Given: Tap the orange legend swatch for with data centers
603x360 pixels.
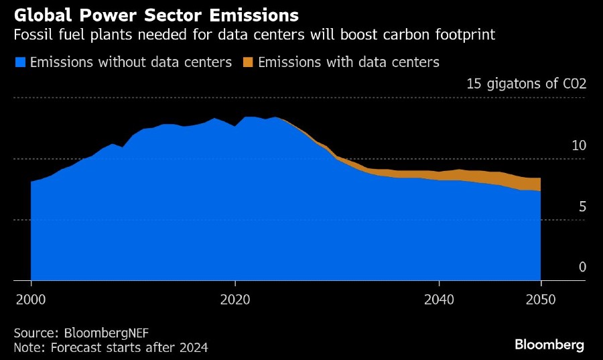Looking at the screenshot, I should [248, 62].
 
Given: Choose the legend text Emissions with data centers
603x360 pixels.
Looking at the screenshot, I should [348, 62].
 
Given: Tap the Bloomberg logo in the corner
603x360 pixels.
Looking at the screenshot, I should [549, 345].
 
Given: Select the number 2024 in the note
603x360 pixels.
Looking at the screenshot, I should [194, 347].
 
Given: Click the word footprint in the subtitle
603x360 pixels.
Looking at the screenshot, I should [470, 34].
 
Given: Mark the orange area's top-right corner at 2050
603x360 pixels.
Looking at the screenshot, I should [540, 178].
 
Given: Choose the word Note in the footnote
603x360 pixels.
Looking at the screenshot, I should [27, 347].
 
